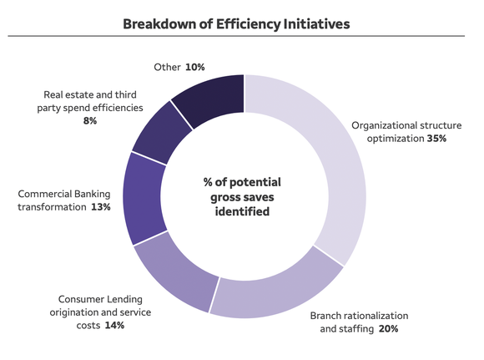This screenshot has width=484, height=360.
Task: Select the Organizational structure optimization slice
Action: point(337,167)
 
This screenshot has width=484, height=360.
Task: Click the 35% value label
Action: point(436,139)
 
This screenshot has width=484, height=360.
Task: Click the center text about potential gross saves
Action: point(242,196)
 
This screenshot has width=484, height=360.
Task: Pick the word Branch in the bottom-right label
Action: point(327,317)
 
